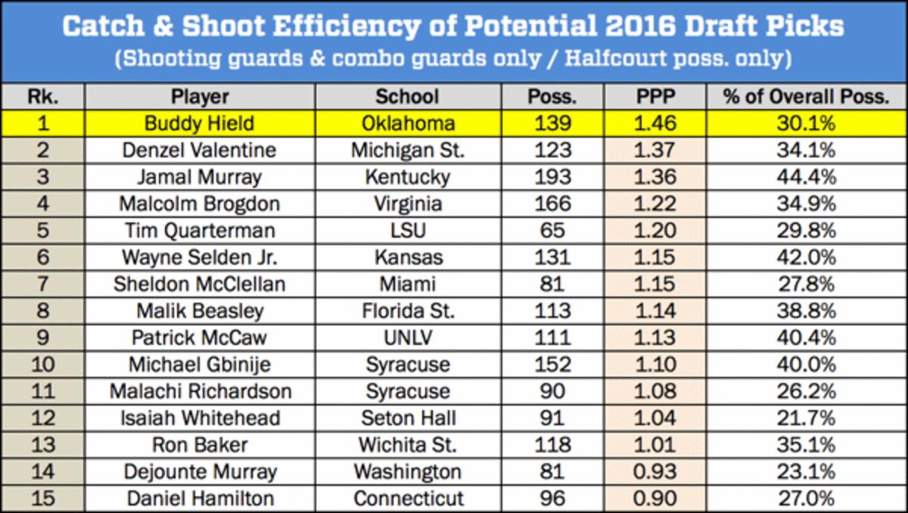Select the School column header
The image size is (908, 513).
(406, 97)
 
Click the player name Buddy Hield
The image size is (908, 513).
(200, 123)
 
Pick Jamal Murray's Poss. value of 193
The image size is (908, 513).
(553, 177)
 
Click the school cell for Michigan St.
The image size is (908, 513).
(406, 151)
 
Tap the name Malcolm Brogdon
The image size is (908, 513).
(200, 204)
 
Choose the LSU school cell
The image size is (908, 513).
(406, 230)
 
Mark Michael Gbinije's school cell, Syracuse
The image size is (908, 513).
(406, 364)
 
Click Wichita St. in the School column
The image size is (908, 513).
(406, 444)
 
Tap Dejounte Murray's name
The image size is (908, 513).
(200, 471)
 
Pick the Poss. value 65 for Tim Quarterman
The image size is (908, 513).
(553, 230)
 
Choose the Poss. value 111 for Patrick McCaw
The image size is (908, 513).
(553, 337)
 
